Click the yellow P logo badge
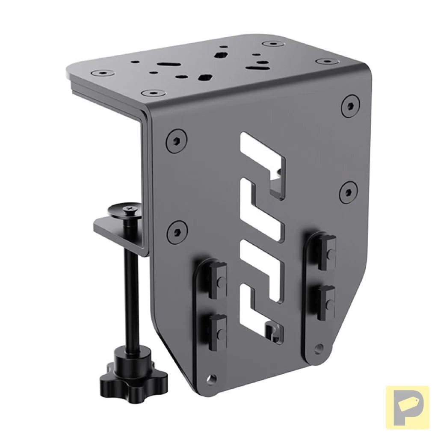click(x=407, y=407)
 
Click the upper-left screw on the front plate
click(x=176, y=141)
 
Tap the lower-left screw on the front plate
click(x=177, y=232)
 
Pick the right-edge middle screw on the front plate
click(x=348, y=192)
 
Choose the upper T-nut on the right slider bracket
click(x=327, y=252)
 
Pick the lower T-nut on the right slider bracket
click(x=327, y=302)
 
